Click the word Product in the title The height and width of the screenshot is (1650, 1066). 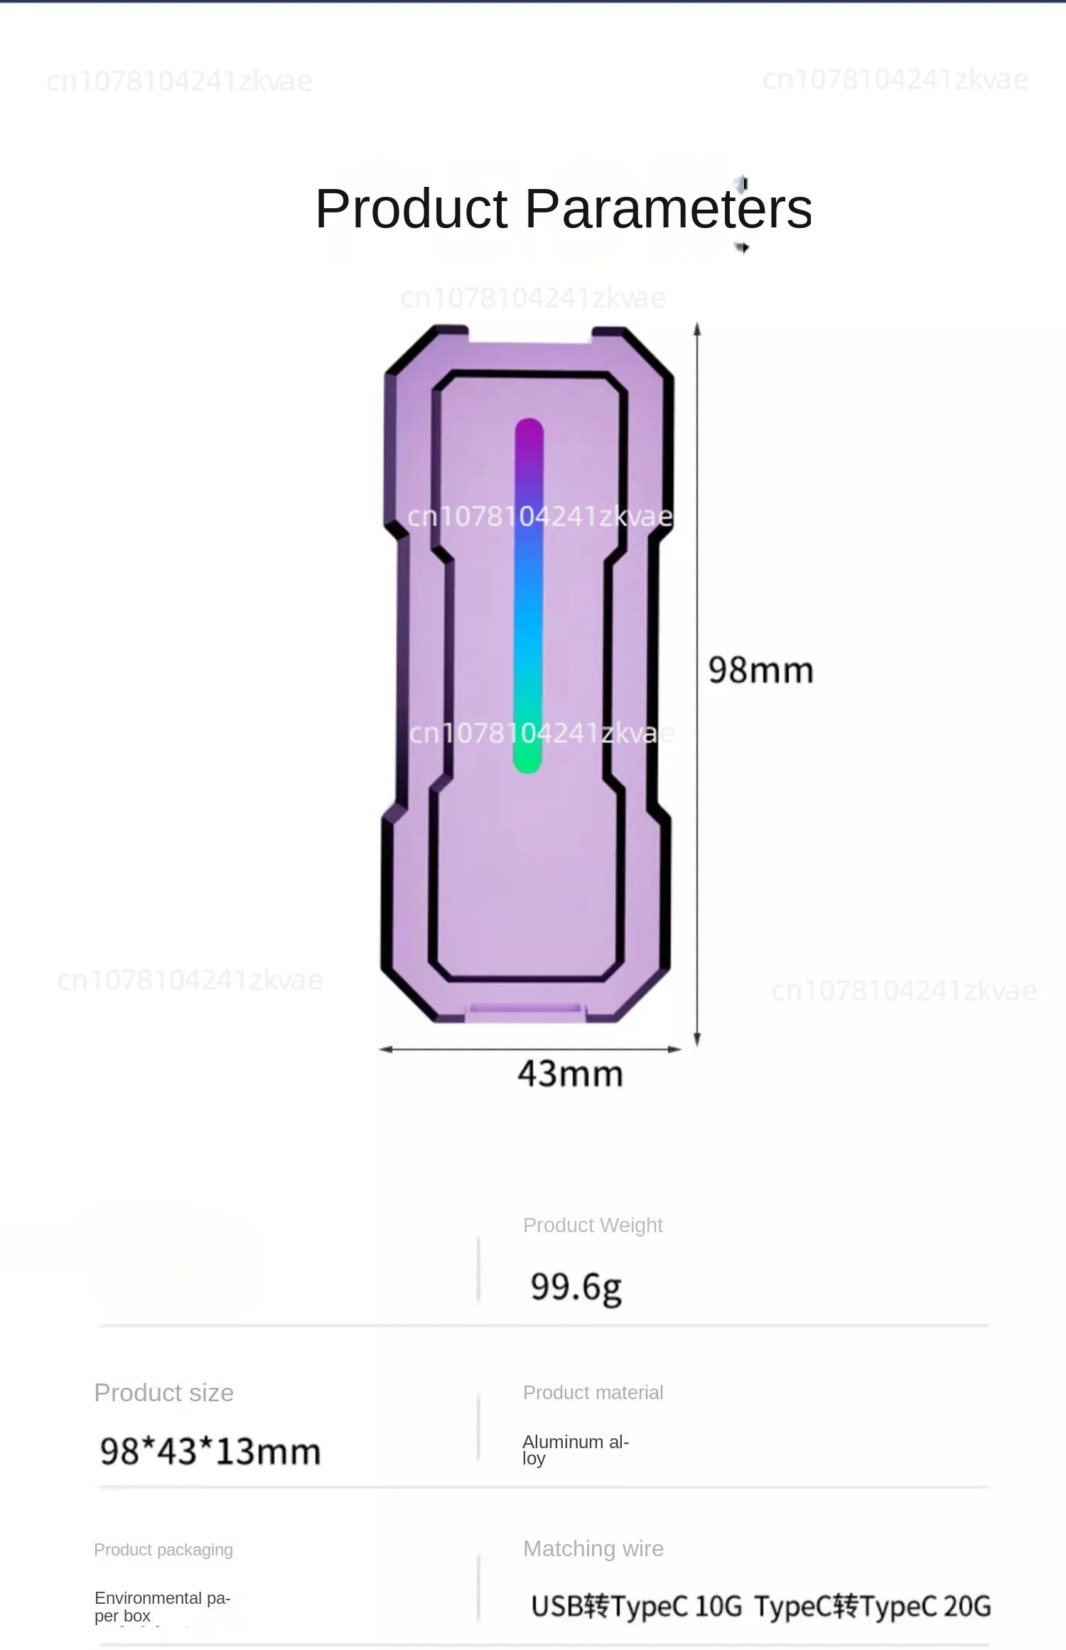tap(411, 209)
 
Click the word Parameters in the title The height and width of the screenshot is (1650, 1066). tap(668, 209)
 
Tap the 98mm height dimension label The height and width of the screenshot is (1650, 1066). tap(760, 670)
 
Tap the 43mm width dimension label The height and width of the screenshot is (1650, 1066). tap(570, 1074)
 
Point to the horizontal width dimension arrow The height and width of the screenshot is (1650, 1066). tap(530, 1049)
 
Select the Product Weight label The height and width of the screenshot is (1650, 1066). tap(593, 1225)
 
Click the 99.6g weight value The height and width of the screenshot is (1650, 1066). tap(576, 1287)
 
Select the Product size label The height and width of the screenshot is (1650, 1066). tap(163, 1393)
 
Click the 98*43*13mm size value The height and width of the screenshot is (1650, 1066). tap(210, 1451)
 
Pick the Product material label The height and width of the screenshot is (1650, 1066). tap(593, 1393)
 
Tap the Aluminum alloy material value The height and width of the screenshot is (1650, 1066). tap(575, 1450)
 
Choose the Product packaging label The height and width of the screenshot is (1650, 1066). tap(163, 1550)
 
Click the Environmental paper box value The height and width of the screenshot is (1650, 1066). tap(162, 1607)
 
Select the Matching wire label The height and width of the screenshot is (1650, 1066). tap(593, 1549)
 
